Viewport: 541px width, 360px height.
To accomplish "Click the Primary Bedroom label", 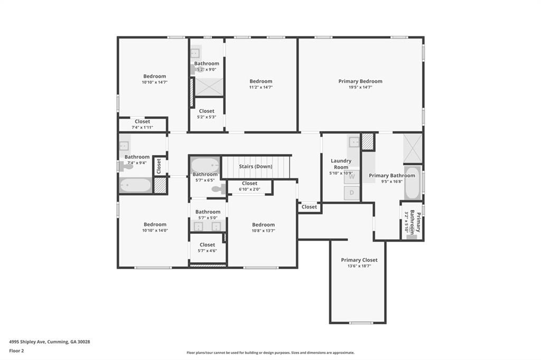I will (x=360, y=81).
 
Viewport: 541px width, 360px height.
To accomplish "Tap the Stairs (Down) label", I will (x=256, y=166).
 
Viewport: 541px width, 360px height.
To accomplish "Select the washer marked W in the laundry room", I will (x=352, y=177).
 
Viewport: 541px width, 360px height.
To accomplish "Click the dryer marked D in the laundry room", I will (x=352, y=193).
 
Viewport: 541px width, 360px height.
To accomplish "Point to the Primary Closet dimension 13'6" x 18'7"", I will (x=359, y=266).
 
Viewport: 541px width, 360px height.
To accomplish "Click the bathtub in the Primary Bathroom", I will (x=412, y=183).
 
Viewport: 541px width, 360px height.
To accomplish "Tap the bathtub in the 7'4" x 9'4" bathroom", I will (x=135, y=185).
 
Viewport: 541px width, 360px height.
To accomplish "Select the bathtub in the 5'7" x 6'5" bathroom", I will (x=205, y=165).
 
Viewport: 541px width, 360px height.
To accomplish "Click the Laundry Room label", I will (x=341, y=164).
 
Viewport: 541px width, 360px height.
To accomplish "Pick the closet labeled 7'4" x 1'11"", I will (x=142, y=124).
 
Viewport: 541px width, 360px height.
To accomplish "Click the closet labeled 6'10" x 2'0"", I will (x=249, y=186).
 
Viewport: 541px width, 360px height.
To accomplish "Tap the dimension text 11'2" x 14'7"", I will (x=261, y=88).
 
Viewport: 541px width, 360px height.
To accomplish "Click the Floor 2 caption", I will (x=16, y=350).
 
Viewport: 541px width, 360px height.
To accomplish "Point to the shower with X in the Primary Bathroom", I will (x=413, y=148).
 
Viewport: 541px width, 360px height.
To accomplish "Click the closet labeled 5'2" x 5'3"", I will (x=207, y=113).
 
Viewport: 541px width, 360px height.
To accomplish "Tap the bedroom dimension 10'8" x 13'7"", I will (x=263, y=231).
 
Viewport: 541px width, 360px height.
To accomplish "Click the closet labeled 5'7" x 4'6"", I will (x=207, y=248).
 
